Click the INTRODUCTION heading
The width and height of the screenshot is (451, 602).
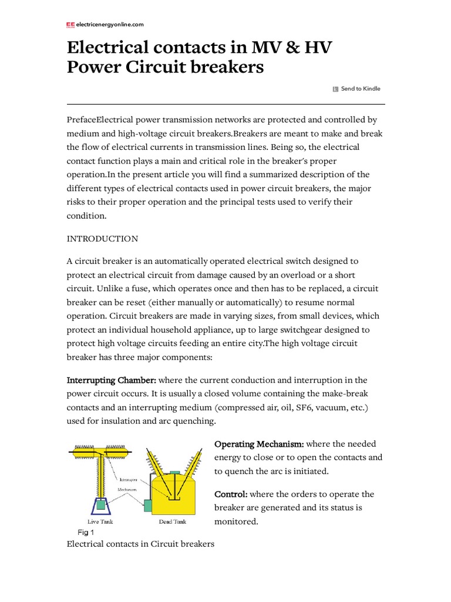click(103, 239)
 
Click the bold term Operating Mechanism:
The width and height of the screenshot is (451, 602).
click(259, 444)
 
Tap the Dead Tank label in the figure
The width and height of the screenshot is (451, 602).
click(173, 521)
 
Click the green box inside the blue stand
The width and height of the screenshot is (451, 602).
click(100, 504)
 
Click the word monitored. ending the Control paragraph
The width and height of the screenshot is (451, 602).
click(236, 521)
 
